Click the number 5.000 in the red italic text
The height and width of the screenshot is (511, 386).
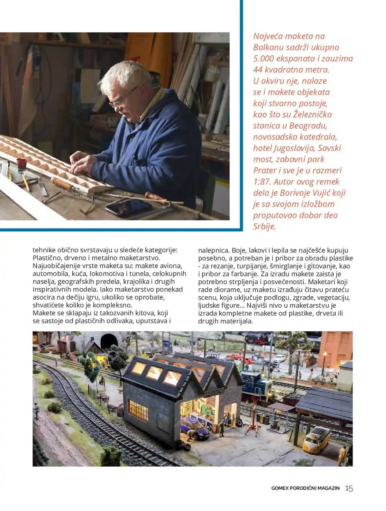tap(265, 59)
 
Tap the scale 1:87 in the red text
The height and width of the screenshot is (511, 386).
tap(262, 182)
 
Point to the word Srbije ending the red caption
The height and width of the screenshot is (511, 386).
tap(264, 227)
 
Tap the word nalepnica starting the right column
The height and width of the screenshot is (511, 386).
tap(213, 250)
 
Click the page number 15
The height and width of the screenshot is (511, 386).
tap(349, 488)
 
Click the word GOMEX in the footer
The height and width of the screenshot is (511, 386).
tap(280, 488)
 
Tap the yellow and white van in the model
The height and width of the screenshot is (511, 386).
tap(317, 437)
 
